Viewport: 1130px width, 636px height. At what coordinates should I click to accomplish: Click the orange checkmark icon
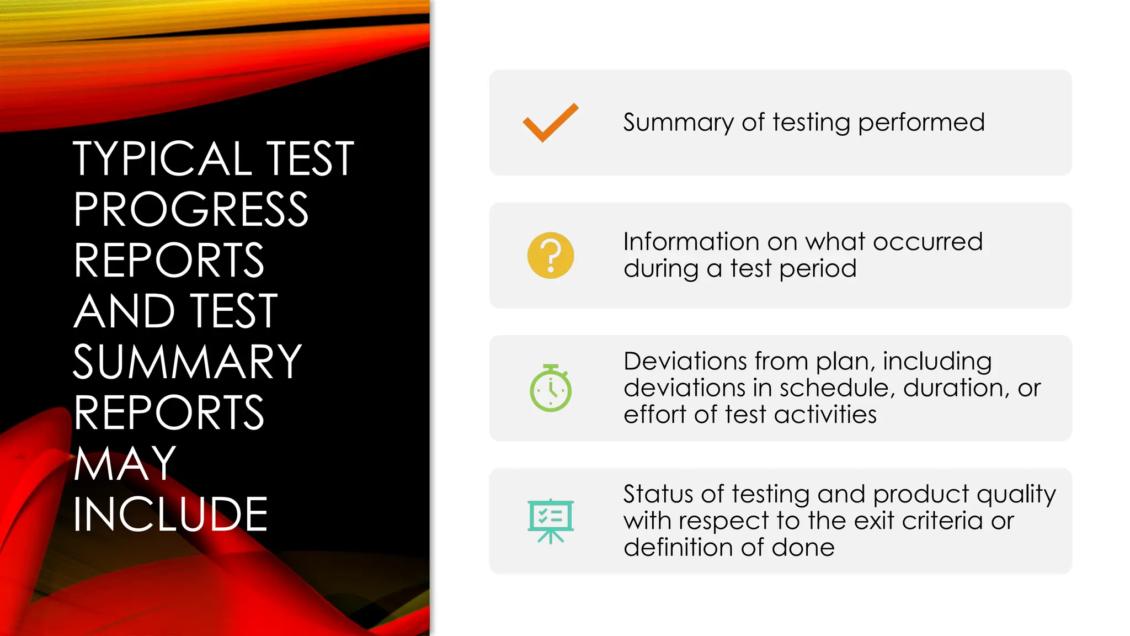(x=551, y=123)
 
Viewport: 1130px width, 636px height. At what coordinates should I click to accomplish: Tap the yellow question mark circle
(x=551, y=256)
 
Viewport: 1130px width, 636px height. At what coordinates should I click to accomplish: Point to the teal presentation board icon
(x=551, y=521)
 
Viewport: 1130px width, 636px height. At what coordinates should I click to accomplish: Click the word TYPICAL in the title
(x=163, y=159)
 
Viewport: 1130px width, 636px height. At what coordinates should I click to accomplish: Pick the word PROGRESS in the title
(x=191, y=210)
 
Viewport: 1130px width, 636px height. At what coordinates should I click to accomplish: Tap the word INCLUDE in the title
(x=170, y=515)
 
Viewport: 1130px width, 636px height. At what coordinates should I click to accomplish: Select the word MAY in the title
(x=125, y=464)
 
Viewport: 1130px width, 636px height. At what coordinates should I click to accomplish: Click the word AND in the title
(x=124, y=311)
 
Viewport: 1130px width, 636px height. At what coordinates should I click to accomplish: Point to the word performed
(x=921, y=123)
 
